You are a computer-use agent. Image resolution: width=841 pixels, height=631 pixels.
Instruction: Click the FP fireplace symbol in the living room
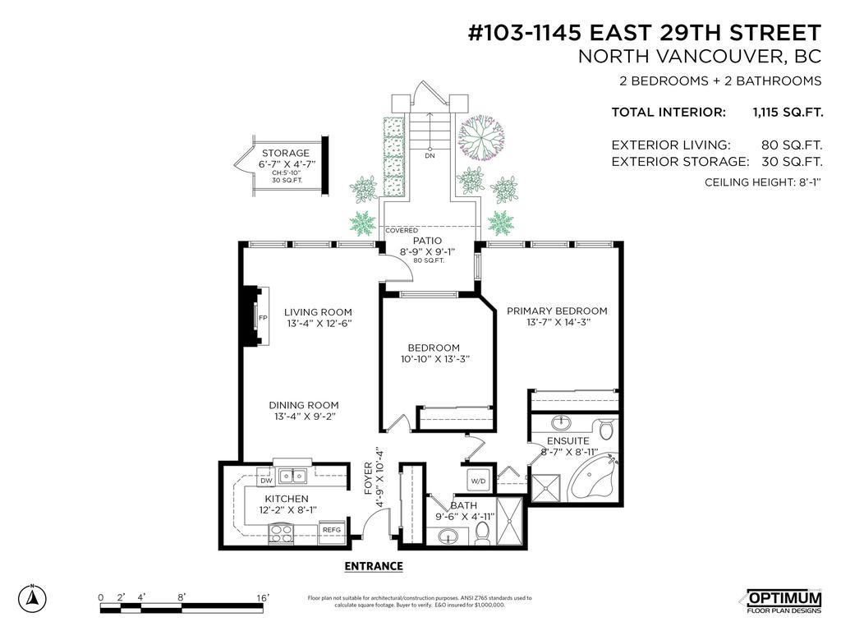coord(263,318)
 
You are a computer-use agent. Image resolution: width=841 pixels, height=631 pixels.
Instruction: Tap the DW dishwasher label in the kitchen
coord(265,481)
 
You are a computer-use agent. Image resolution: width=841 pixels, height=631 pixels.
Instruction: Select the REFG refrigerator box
coord(332,530)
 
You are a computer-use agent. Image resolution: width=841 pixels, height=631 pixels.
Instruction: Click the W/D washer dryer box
coord(478,480)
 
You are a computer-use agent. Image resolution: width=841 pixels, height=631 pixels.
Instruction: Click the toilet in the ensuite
coord(607,430)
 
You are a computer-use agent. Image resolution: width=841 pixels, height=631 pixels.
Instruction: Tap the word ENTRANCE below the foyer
coord(374,566)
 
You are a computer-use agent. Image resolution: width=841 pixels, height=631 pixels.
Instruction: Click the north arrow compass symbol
coord(32,597)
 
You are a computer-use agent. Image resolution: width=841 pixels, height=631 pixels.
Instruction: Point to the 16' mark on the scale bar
coord(263,597)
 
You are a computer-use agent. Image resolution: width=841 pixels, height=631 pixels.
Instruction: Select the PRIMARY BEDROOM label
coord(557,311)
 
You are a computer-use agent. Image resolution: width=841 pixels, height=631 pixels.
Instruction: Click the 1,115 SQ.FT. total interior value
coord(787,113)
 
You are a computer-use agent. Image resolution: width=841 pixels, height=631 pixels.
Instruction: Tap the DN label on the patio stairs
coord(430,155)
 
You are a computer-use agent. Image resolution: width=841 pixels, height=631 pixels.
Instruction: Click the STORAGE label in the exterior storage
coord(285,153)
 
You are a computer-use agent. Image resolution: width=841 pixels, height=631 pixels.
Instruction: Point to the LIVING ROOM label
coord(318,312)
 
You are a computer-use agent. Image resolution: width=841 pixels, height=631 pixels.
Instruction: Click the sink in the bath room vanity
coord(448,537)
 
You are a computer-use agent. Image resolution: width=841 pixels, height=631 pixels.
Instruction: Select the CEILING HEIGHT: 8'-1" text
coord(763,182)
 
